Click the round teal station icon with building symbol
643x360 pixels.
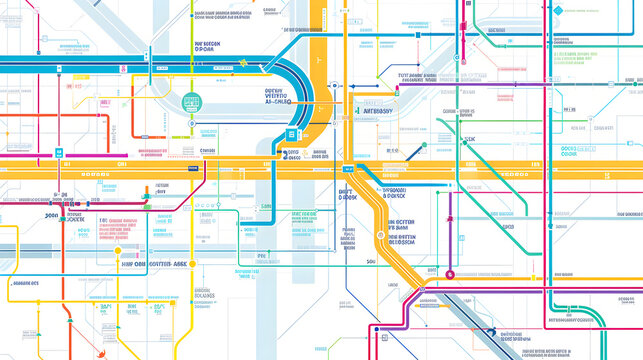pyautogui.click(x=192, y=101)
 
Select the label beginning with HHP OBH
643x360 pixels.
pyautogui.click(x=152, y=264)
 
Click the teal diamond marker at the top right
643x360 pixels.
pyautogui.click(x=457, y=58)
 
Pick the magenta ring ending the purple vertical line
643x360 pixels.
pyautogui.click(x=449, y=274)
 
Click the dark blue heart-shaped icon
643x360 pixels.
pyautogui.click(x=490, y=333)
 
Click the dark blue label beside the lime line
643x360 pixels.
pyautogui.click(x=208, y=46)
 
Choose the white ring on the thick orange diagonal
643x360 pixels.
pyautogui.click(x=421, y=290)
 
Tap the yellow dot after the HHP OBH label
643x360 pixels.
pyautogui.click(x=193, y=264)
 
